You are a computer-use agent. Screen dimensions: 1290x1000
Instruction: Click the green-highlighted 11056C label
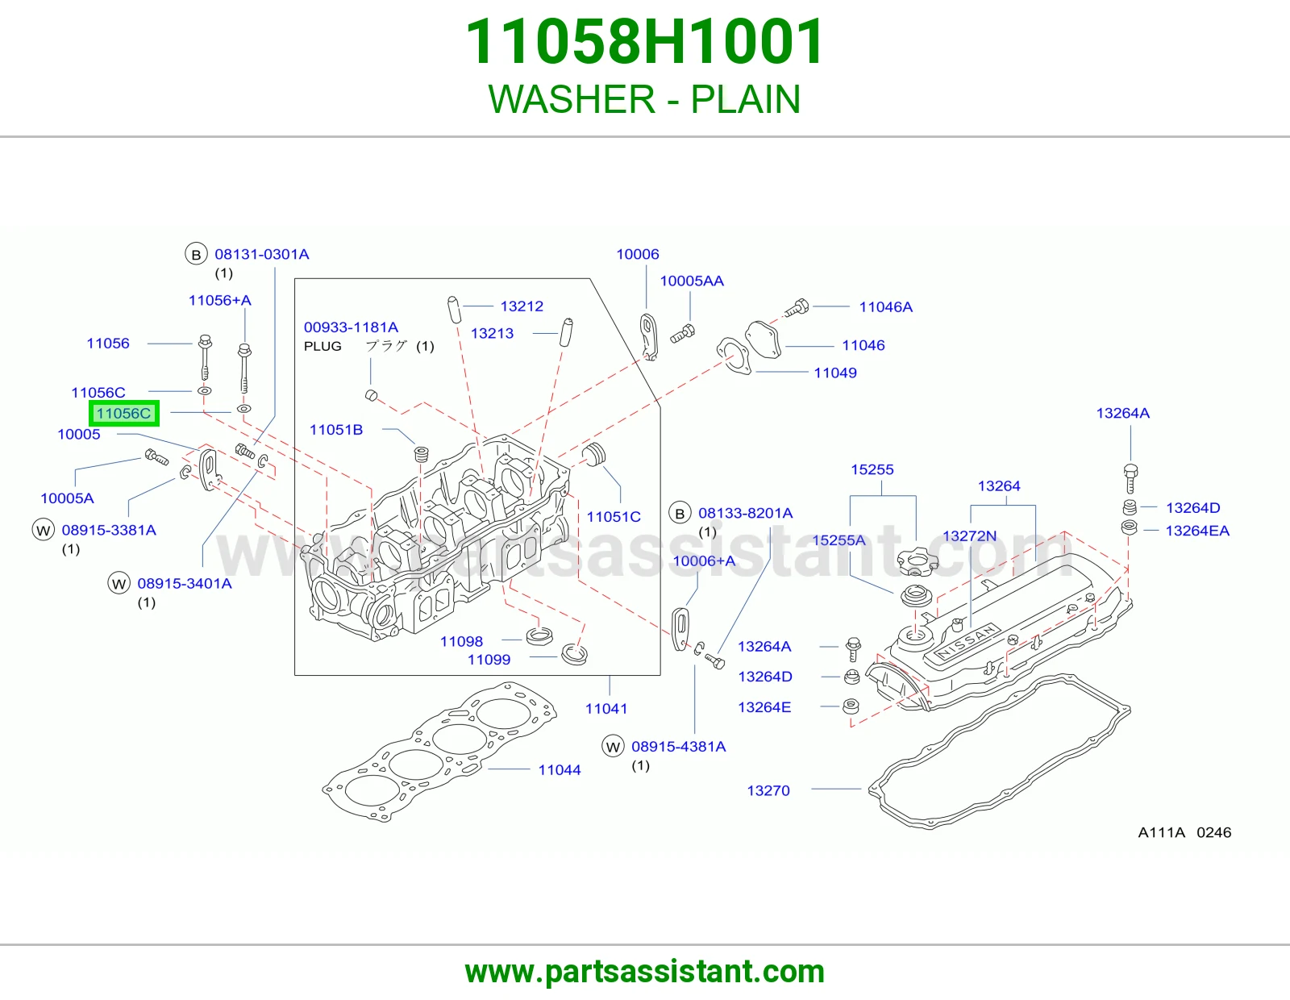[x=123, y=413]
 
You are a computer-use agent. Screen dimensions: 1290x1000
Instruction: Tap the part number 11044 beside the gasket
[x=560, y=770]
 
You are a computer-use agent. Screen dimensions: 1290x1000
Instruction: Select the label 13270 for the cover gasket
[x=768, y=791]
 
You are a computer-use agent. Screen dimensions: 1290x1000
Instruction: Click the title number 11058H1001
[x=645, y=42]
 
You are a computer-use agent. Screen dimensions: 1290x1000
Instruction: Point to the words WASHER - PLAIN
[x=645, y=99]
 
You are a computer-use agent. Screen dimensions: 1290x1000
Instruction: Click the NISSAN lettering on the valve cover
[x=967, y=642]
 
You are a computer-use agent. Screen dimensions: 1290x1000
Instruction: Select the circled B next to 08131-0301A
[x=196, y=255]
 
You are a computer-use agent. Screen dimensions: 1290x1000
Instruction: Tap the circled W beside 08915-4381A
[x=614, y=747]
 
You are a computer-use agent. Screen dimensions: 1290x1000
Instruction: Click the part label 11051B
[x=336, y=430]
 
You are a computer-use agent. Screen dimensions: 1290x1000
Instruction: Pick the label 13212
[x=522, y=306]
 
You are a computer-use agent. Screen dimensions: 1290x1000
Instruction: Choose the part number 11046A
[x=886, y=307]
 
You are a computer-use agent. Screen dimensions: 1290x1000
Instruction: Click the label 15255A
[x=838, y=540]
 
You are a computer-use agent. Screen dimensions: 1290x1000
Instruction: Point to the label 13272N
[x=969, y=536]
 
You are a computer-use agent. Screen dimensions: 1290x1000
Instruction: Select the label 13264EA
[x=1197, y=531]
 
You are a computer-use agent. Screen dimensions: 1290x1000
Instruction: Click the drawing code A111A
[x=1161, y=832]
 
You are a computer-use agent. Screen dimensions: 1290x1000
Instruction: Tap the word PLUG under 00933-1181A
[x=322, y=346]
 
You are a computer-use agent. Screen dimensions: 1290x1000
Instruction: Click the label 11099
[x=489, y=660]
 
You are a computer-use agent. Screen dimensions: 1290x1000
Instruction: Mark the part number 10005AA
[x=692, y=281]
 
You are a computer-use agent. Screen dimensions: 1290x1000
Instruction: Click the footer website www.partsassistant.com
[x=645, y=972]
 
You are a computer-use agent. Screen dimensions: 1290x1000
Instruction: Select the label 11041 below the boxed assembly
[x=606, y=708]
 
